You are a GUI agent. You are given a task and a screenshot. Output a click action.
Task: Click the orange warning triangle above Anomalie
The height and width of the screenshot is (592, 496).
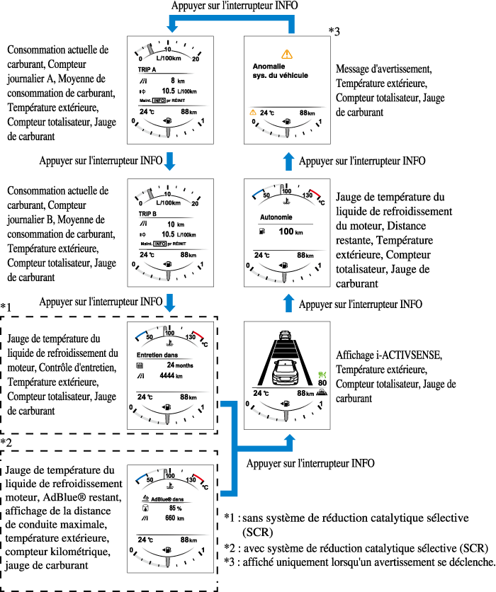[286, 54]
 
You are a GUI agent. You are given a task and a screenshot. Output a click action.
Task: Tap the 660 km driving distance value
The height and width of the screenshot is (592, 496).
[172, 518]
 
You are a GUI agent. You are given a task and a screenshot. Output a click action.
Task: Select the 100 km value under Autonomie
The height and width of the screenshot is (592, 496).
[287, 232]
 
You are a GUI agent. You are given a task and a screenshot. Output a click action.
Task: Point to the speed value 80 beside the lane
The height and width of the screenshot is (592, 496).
[322, 383]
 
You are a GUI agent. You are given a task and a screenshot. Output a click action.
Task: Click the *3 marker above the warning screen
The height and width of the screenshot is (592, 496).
[334, 31]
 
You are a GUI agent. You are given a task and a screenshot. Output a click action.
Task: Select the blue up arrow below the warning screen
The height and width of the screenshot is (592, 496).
[288, 161]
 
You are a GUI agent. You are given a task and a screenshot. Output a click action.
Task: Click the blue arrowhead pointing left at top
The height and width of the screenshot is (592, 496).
[172, 26]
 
